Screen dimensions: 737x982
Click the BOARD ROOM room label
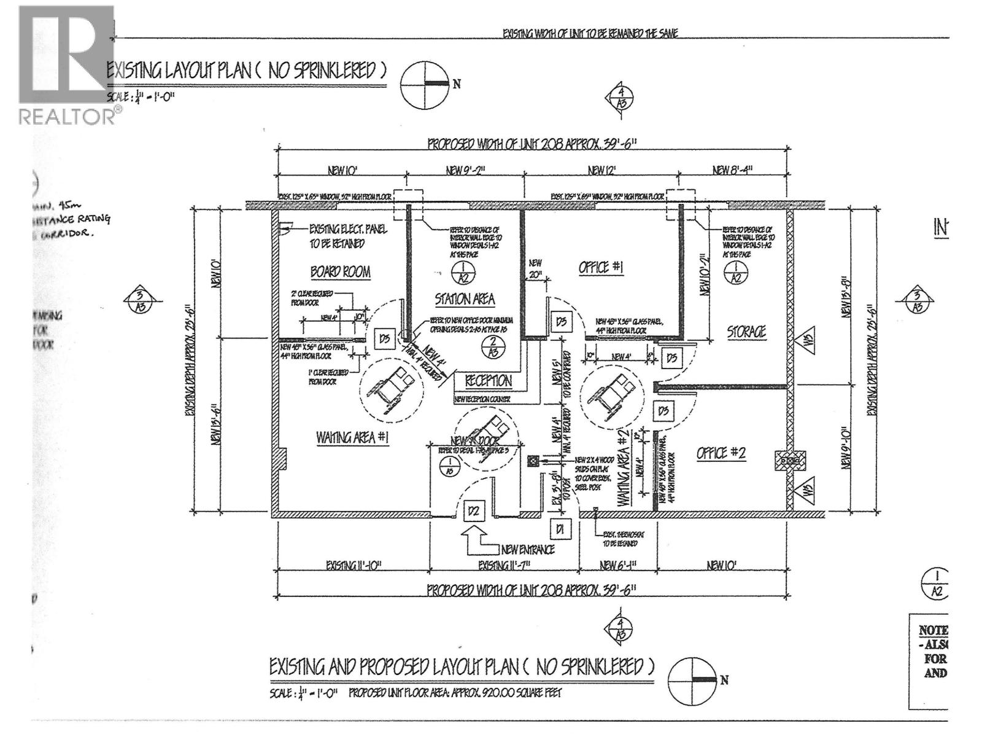pyautogui.click(x=340, y=272)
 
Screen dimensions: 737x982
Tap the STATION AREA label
pyautogui.click(x=465, y=300)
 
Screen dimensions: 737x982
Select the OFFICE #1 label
pyautogui.click(x=601, y=268)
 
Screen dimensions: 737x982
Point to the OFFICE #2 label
pyautogui.click(x=721, y=453)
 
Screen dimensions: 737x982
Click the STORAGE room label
pyautogui.click(x=746, y=332)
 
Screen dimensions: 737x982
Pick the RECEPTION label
pyautogui.click(x=488, y=381)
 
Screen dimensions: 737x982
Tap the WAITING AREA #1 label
pyautogui.click(x=352, y=438)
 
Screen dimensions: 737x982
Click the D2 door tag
pyautogui.click(x=473, y=510)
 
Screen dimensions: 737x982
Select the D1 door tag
pyautogui.click(x=559, y=528)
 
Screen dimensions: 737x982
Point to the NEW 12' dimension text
pyautogui.click(x=600, y=170)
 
